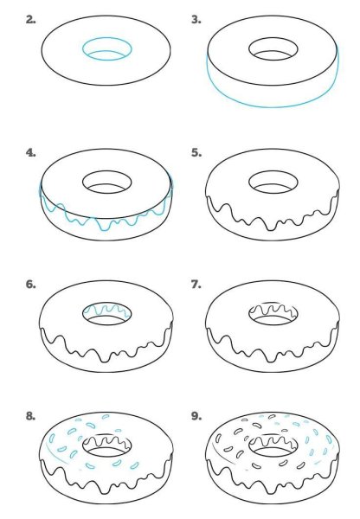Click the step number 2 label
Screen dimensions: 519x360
pyautogui.click(x=31, y=18)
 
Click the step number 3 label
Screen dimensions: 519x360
pyautogui.click(x=196, y=18)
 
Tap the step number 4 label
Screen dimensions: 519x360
pyautogui.click(x=31, y=152)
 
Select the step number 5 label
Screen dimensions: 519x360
pyautogui.click(x=196, y=152)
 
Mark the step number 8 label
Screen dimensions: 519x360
pyautogui.click(x=31, y=416)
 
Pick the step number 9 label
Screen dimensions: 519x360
pyautogui.click(x=196, y=416)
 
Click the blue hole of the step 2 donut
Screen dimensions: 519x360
pyautogui.click(x=106, y=49)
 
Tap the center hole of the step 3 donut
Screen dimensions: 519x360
pyautogui.click(x=271, y=49)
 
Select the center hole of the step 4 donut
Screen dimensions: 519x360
pyautogui.click(x=106, y=183)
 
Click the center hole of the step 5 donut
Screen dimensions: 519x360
pyautogui.click(x=271, y=183)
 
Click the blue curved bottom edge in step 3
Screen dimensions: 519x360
pyautogui.click(x=271, y=106)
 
